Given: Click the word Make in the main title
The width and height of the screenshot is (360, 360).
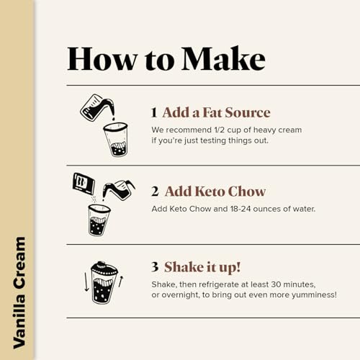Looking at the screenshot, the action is click(223, 58).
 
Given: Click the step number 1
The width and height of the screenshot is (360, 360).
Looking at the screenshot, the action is click(154, 112).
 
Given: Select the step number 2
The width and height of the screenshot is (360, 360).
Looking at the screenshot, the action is click(155, 192).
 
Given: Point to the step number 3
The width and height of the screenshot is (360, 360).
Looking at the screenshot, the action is click(155, 266).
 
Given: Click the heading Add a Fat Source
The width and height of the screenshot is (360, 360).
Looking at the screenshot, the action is click(216, 112).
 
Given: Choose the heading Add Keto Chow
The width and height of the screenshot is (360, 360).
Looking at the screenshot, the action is click(215, 192).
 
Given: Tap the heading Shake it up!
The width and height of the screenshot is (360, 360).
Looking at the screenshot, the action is click(202, 267).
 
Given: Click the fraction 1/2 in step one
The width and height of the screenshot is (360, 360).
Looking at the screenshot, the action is click(219, 130).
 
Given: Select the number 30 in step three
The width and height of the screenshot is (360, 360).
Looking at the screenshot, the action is click(276, 284).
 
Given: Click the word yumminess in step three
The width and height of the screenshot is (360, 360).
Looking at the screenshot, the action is click(314, 294).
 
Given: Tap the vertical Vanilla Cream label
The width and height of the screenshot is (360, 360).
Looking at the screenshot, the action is click(19, 292).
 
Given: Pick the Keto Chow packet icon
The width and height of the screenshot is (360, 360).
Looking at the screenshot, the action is click(84, 184).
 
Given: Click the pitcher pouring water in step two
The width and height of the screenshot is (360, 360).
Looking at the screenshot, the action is click(119, 190).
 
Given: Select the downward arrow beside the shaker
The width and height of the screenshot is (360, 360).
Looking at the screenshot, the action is click(86, 282).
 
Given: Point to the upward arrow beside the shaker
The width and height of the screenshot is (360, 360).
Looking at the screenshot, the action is click(121, 282).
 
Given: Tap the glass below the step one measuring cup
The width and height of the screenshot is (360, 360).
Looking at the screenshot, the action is click(116, 140).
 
